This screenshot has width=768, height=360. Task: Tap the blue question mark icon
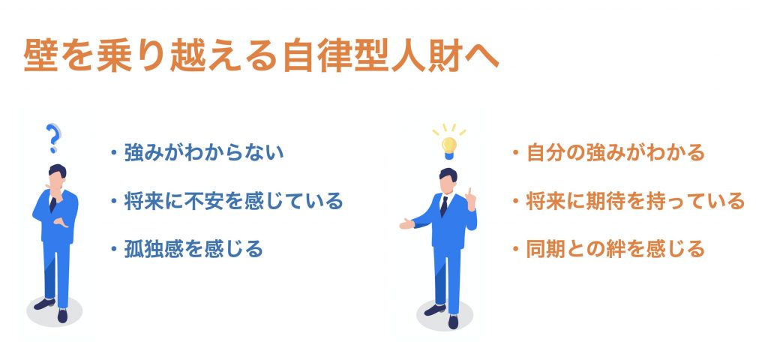click(x=53, y=138)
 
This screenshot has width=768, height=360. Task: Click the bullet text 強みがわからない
click(x=204, y=153)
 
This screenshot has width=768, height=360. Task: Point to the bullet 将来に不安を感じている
click(x=233, y=201)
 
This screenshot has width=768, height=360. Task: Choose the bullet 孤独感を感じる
click(x=193, y=249)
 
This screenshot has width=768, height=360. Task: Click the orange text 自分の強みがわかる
click(x=615, y=153)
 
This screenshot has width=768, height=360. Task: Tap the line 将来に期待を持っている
click(x=635, y=201)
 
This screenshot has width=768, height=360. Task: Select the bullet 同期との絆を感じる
click(x=615, y=249)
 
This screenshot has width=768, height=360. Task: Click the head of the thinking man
click(x=57, y=177)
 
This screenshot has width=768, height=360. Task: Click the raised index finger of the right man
click(x=469, y=193)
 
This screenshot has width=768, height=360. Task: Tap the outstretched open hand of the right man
click(x=407, y=224)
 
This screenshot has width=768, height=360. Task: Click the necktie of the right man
click(x=444, y=205)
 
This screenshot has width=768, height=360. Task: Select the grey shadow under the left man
click(x=54, y=311)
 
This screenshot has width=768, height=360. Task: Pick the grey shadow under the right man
click(x=445, y=315)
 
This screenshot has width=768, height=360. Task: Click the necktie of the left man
click(x=53, y=202)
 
